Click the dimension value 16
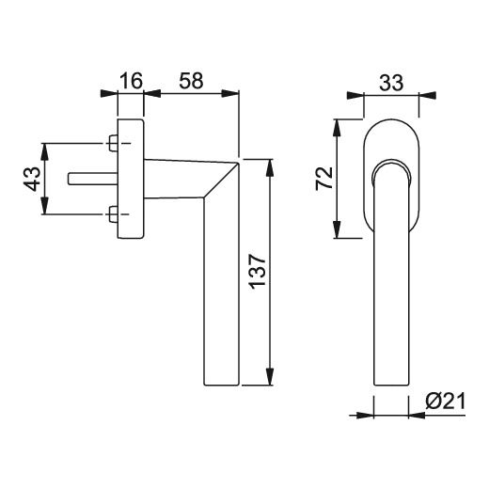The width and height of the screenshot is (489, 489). (x=132, y=81)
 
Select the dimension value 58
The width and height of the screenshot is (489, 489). (x=191, y=81)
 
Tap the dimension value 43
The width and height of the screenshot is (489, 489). (x=33, y=179)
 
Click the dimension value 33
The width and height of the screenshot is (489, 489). (x=391, y=83)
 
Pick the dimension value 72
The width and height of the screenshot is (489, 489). (x=324, y=178)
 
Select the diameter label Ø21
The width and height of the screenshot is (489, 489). (x=446, y=402)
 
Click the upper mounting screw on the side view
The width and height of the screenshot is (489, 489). (x=113, y=143)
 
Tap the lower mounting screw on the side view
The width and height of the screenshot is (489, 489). (x=113, y=214)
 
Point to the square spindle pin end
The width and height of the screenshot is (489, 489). (x=71, y=179)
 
